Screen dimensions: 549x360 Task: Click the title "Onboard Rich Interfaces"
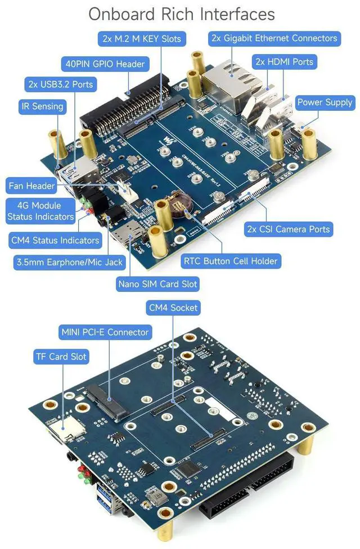181,14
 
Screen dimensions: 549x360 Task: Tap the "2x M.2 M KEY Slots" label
141,39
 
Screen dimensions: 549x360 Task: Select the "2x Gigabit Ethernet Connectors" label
274,38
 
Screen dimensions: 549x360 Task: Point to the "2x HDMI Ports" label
283,61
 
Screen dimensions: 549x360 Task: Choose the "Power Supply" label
325,102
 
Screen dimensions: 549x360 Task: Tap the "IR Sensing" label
42,106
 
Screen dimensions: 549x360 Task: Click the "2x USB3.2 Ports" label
60,85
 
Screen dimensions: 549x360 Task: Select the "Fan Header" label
32,185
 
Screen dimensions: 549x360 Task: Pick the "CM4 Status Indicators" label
55,240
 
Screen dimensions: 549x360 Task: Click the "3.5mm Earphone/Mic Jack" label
68,262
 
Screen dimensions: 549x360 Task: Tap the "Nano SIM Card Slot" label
157,283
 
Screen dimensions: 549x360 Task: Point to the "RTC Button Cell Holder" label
230,261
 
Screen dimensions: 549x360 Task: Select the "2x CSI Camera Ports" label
289,229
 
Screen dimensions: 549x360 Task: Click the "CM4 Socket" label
173,308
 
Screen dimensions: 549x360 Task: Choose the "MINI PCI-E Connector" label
105,332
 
